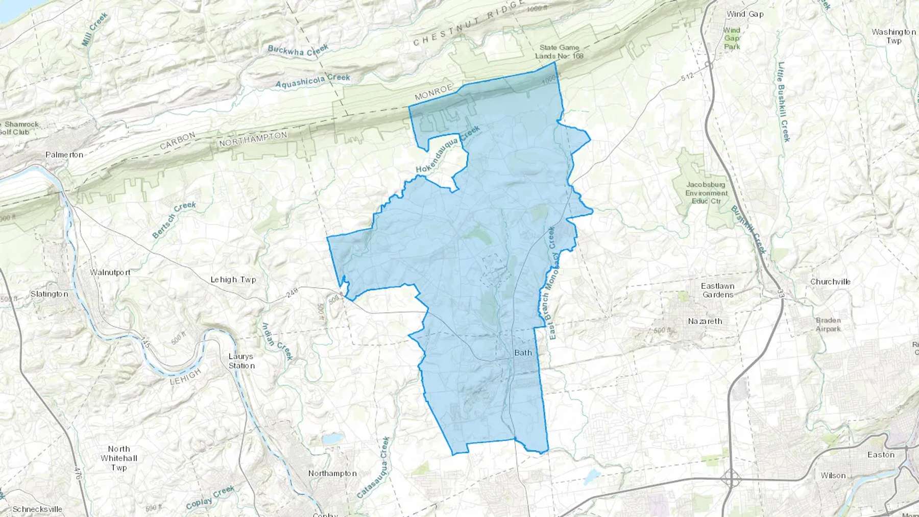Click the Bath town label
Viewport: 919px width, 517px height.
point(523,353)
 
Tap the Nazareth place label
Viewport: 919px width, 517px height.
point(705,321)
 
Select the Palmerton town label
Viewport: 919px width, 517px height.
point(64,155)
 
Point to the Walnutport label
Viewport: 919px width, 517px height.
point(110,272)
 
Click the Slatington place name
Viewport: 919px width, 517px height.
point(49,294)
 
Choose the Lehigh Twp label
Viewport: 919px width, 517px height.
point(233,280)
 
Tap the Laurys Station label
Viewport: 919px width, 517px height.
point(241,361)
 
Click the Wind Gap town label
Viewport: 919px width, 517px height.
point(745,14)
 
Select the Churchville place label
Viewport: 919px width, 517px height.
point(830,282)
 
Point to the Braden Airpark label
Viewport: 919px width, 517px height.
point(828,325)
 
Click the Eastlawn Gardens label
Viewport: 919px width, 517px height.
point(717,290)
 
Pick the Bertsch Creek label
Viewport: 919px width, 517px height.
point(174,219)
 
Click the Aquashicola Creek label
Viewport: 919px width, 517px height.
point(312,81)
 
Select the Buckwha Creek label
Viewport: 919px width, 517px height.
point(298,50)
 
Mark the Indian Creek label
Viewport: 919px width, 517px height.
point(277,341)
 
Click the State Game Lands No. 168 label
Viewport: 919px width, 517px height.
point(559,52)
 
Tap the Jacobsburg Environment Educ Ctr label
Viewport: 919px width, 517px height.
point(706,192)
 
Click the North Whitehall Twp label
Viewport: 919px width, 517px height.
point(118,458)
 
